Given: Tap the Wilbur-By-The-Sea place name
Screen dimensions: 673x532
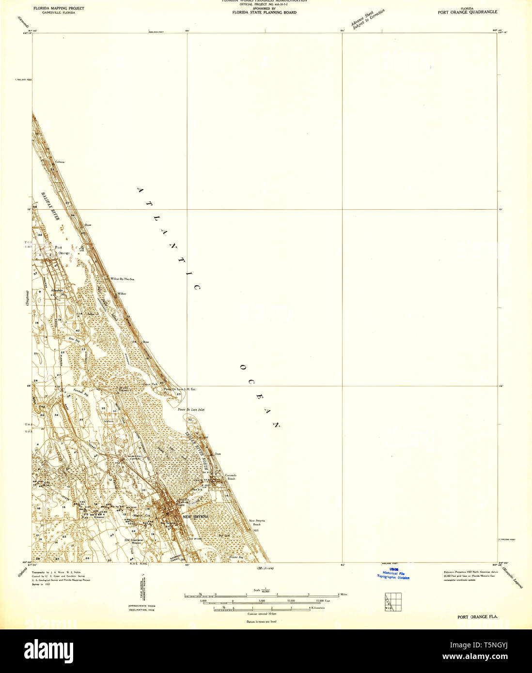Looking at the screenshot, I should pos(122,279).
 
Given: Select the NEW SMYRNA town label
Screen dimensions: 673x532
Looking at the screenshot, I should pos(196,517).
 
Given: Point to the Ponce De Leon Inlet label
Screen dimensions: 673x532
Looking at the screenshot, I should pos(191,410).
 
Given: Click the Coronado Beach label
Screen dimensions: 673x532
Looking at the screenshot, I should pos(231,477).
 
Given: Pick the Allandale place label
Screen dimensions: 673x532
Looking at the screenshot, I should pos(57,290).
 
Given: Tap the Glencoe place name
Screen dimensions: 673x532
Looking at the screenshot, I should pos(99,517).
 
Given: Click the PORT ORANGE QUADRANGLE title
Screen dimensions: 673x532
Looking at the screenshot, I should pos(467,12).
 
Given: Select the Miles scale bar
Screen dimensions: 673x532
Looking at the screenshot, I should pos(262,595).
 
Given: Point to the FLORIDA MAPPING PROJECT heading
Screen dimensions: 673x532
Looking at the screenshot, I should pos(58,8).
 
